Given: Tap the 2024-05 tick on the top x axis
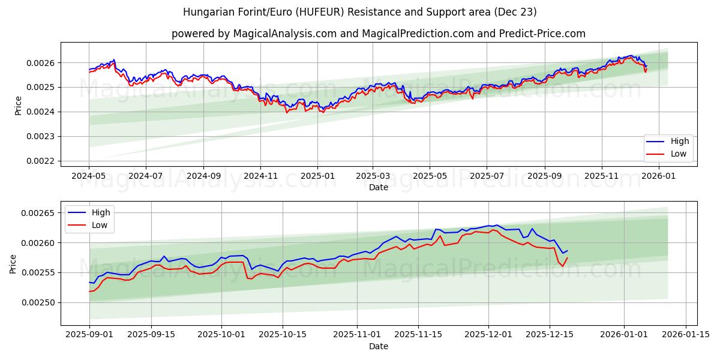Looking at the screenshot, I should (x=89, y=176).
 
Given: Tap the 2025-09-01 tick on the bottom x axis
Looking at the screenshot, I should (x=89, y=335).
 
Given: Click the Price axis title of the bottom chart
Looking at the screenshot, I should (x=13, y=264).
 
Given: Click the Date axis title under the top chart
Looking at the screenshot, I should (x=378, y=187).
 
